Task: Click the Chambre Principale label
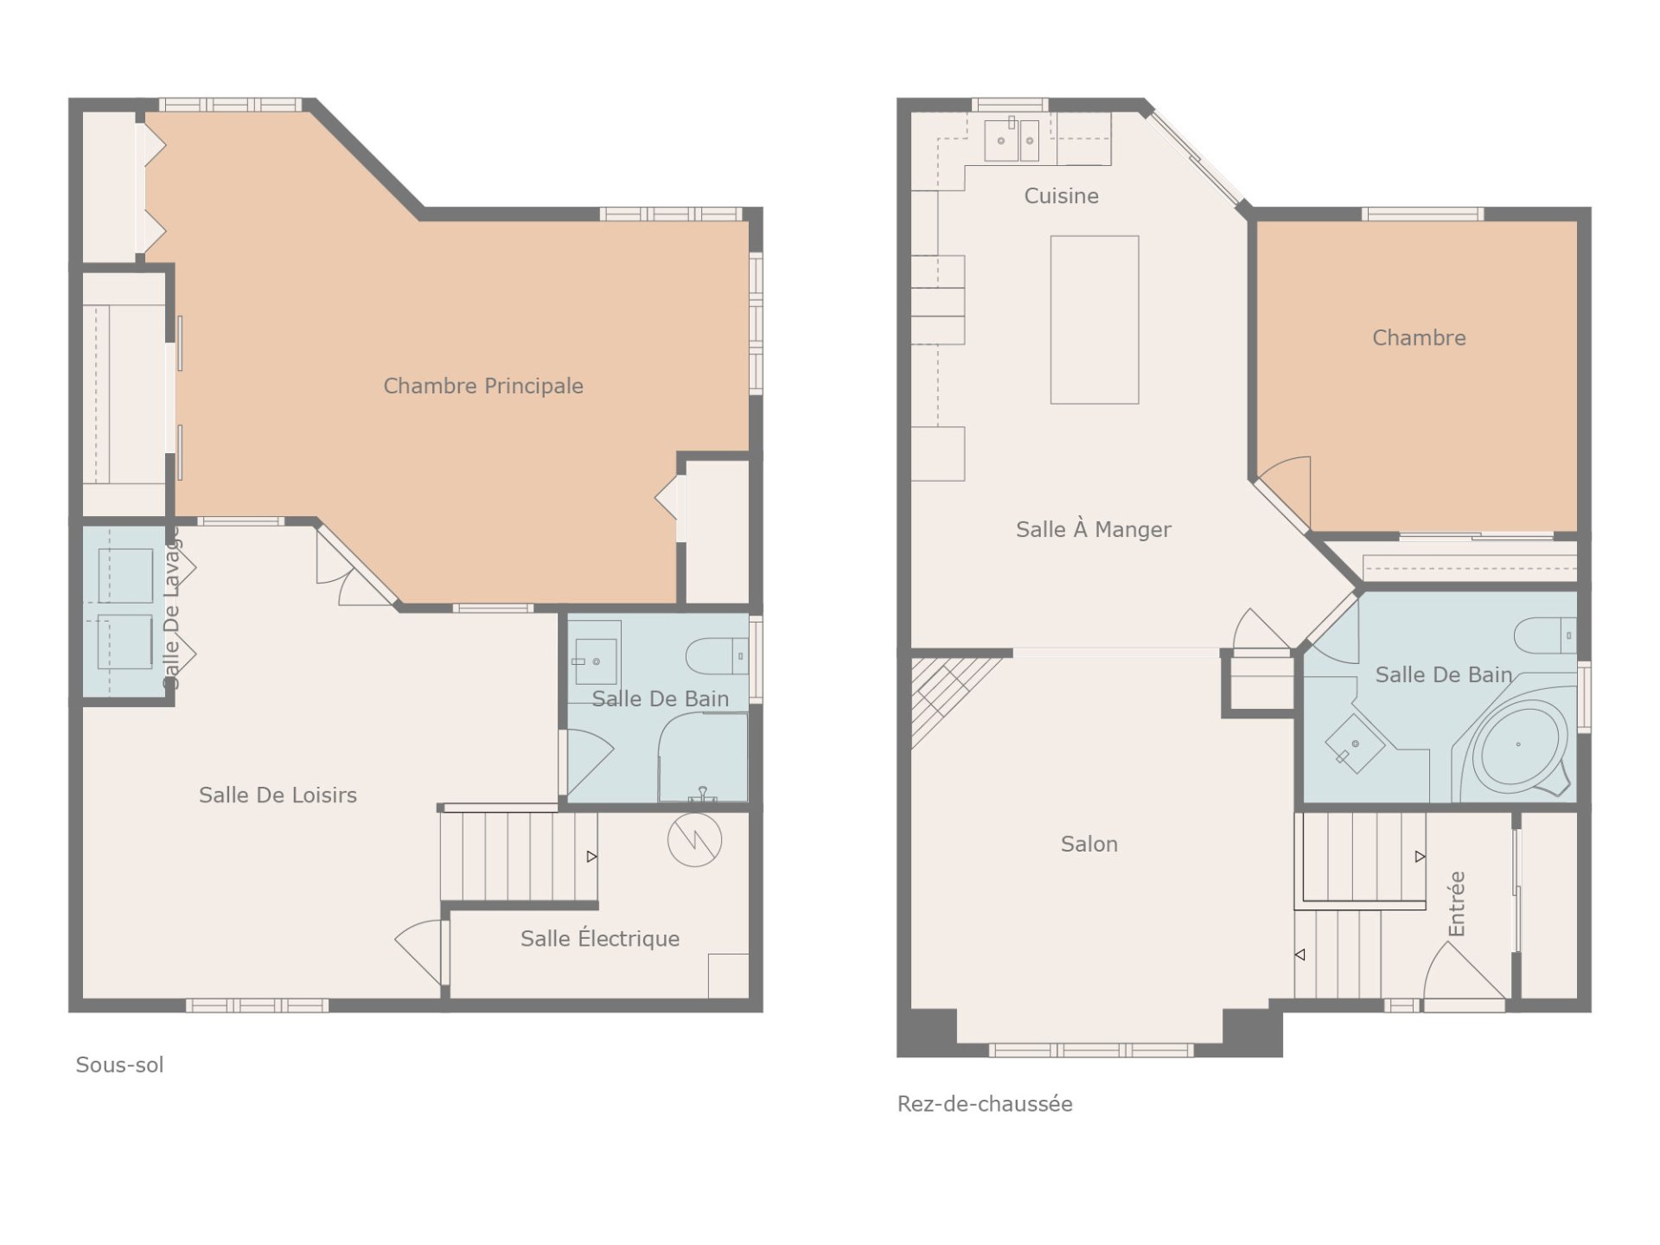(483, 386)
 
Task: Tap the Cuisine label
(1061, 196)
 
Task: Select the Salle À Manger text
(1093, 528)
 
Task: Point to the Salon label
(1089, 844)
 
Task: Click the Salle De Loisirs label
(278, 795)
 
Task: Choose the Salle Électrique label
(600, 937)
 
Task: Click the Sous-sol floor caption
(119, 1064)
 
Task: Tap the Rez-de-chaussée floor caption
(985, 1104)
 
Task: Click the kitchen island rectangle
(1095, 320)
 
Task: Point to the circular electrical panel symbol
(694, 840)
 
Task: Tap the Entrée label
(1457, 903)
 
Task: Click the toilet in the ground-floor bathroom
(1545, 635)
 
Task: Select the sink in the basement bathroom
(595, 661)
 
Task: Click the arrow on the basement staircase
(592, 857)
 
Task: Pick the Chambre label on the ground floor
(1419, 338)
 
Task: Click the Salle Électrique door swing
(419, 951)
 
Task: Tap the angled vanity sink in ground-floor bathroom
(1355, 744)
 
